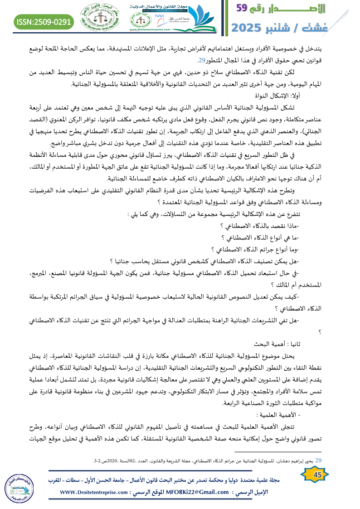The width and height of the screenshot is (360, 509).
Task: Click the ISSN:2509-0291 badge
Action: point(44,21)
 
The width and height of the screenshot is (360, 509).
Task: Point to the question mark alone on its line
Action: point(320,332)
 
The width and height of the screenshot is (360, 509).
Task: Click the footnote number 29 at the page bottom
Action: point(319,461)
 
